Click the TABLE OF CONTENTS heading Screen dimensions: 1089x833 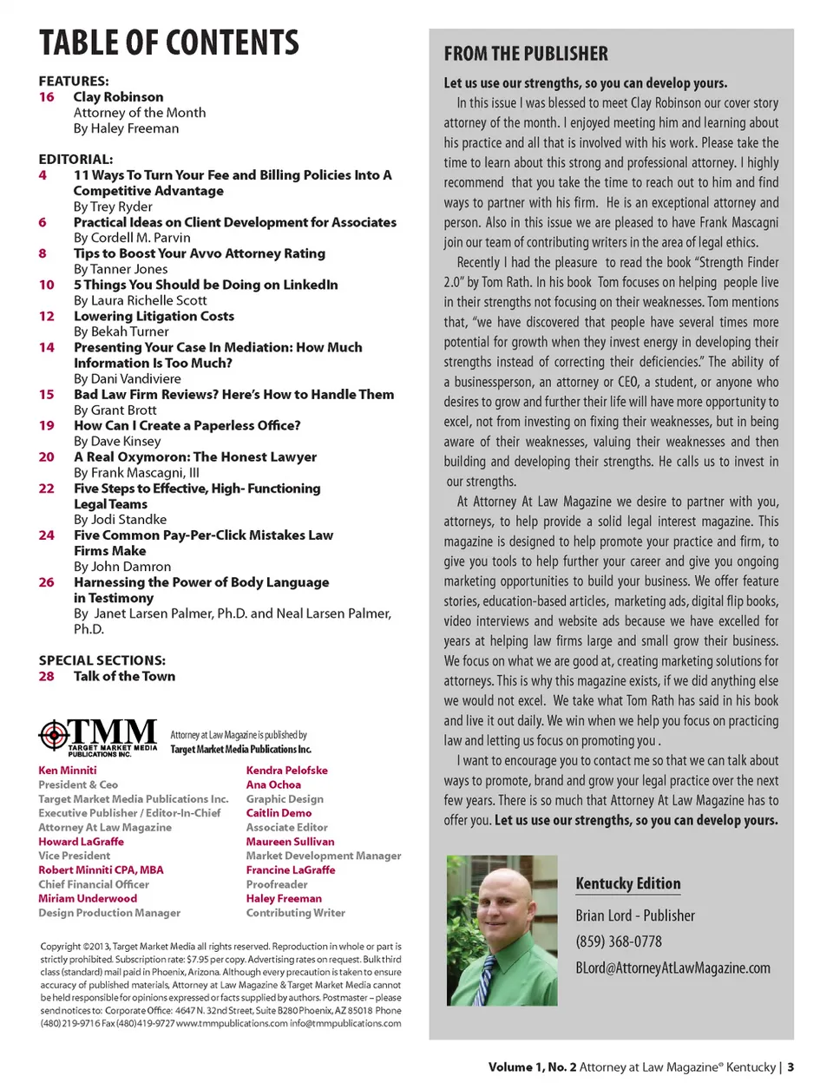pos(169,43)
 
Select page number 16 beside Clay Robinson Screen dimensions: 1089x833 pos(47,97)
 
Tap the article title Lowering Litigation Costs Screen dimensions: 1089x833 pos(154,316)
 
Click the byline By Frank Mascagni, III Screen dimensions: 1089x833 pos(136,472)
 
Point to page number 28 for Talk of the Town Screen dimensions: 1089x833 pos(47,676)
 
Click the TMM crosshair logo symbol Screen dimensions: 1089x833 pos(54,735)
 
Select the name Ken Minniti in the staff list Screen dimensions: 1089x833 pos(68,770)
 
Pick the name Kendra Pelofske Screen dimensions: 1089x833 pos(286,770)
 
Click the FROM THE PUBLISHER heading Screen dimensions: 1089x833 pos(526,54)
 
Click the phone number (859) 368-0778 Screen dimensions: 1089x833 pos(619,941)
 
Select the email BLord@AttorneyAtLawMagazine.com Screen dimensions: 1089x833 pos(672,968)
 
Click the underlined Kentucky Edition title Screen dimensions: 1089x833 pos(628,883)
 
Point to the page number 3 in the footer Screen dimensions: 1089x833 pos(790,1067)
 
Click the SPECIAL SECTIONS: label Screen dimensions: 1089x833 pos(102,660)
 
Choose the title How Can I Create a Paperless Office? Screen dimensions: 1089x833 pos(187,425)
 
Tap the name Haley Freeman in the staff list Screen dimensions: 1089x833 pos(284,898)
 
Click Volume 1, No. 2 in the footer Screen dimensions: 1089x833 pos(532,1067)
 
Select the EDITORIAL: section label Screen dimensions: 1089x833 pos(75,160)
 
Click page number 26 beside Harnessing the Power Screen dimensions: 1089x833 pos(47,582)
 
